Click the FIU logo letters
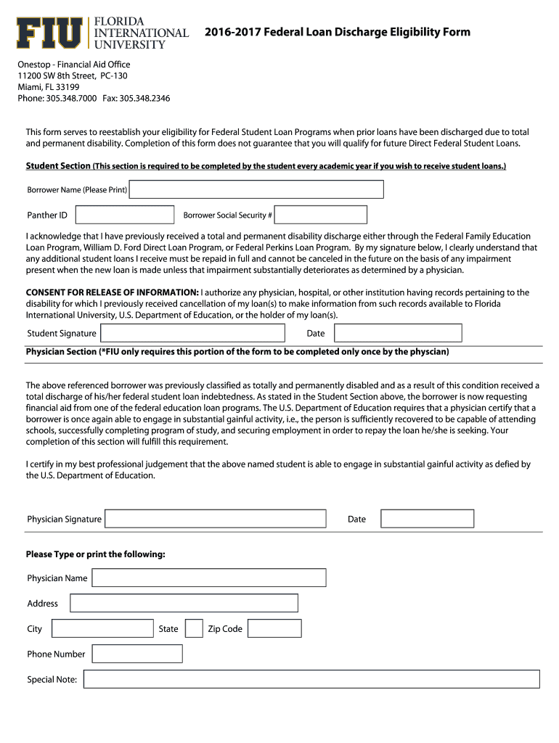(x=49, y=33)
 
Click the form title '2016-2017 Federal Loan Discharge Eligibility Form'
(x=337, y=32)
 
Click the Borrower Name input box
(x=256, y=189)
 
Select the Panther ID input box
(x=125, y=215)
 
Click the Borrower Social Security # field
(x=321, y=215)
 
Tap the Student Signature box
(x=192, y=333)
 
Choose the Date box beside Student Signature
(x=398, y=333)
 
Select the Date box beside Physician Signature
(x=427, y=519)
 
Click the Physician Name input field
(x=209, y=578)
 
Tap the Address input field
(x=184, y=603)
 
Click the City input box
(x=102, y=628)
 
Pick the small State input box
(x=194, y=628)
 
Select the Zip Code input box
(x=275, y=628)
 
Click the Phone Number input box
(x=137, y=654)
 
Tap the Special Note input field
(x=311, y=679)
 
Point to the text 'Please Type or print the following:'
(x=96, y=554)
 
